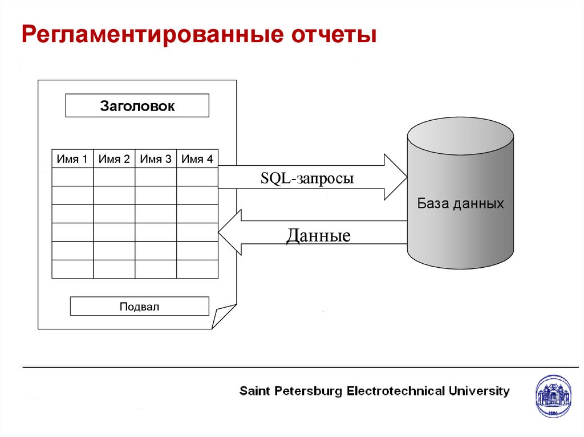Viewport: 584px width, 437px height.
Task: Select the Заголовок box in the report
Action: [x=137, y=106]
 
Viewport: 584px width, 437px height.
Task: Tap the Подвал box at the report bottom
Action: [x=139, y=307]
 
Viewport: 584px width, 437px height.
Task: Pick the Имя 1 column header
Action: [x=72, y=160]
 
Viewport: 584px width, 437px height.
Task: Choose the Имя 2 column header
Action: [x=114, y=160]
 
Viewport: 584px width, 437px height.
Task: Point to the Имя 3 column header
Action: [x=156, y=160]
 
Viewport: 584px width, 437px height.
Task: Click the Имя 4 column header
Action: [x=197, y=160]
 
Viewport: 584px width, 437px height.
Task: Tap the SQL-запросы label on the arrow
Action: [x=307, y=178]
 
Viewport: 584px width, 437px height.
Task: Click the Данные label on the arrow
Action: [x=318, y=235]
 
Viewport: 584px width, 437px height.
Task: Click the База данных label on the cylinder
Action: [x=460, y=203]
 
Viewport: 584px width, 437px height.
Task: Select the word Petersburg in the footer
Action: [x=309, y=391]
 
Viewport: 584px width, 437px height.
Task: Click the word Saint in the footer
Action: [x=254, y=391]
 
